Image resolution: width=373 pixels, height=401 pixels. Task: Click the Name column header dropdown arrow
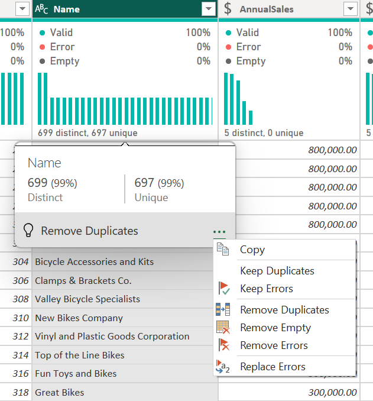pyautogui.click(x=208, y=9)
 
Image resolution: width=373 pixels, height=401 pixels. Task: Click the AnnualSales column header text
pyautogui.click(x=266, y=9)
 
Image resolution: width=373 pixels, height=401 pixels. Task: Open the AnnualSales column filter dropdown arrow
pyautogui.click(x=350, y=9)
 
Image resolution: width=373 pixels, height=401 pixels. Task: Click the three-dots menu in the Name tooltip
pyautogui.click(x=219, y=231)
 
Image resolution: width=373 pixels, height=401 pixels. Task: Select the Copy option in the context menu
pyautogui.click(x=252, y=250)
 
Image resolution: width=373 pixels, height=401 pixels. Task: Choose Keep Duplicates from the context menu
pyautogui.click(x=277, y=271)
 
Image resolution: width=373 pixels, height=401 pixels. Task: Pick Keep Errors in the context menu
pyautogui.click(x=266, y=289)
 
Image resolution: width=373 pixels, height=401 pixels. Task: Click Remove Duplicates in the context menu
pyautogui.click(x=284, y=310)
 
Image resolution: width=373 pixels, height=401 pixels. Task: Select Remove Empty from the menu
pyautogui.click(x=275, y=328)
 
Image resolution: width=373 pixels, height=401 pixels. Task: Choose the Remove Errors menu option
pyautogui.click(x=274, y=345)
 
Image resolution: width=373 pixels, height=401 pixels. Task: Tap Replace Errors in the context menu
pyautogui.click(x=273, y=367)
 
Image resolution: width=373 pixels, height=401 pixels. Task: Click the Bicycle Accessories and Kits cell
pyautogui.click(x=94, y=262)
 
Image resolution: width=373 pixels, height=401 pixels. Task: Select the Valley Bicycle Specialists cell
pyautogui.click(x=87, y=299)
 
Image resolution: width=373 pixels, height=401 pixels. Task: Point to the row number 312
pyautogui.click(x=20, y=337)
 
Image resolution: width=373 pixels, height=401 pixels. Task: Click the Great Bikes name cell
pyautogui.click(x=60, y=392)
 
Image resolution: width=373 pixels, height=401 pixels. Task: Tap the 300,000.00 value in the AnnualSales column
pyautogui.click(x=332, y=392)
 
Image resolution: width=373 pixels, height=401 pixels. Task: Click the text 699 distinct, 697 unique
pyautogui.click(x=87, y=133)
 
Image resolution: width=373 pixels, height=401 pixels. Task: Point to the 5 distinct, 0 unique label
pyautogui.click(x=264, y=133)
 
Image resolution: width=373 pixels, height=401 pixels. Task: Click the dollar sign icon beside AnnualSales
pyautogui.click(x=228, y=9)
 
